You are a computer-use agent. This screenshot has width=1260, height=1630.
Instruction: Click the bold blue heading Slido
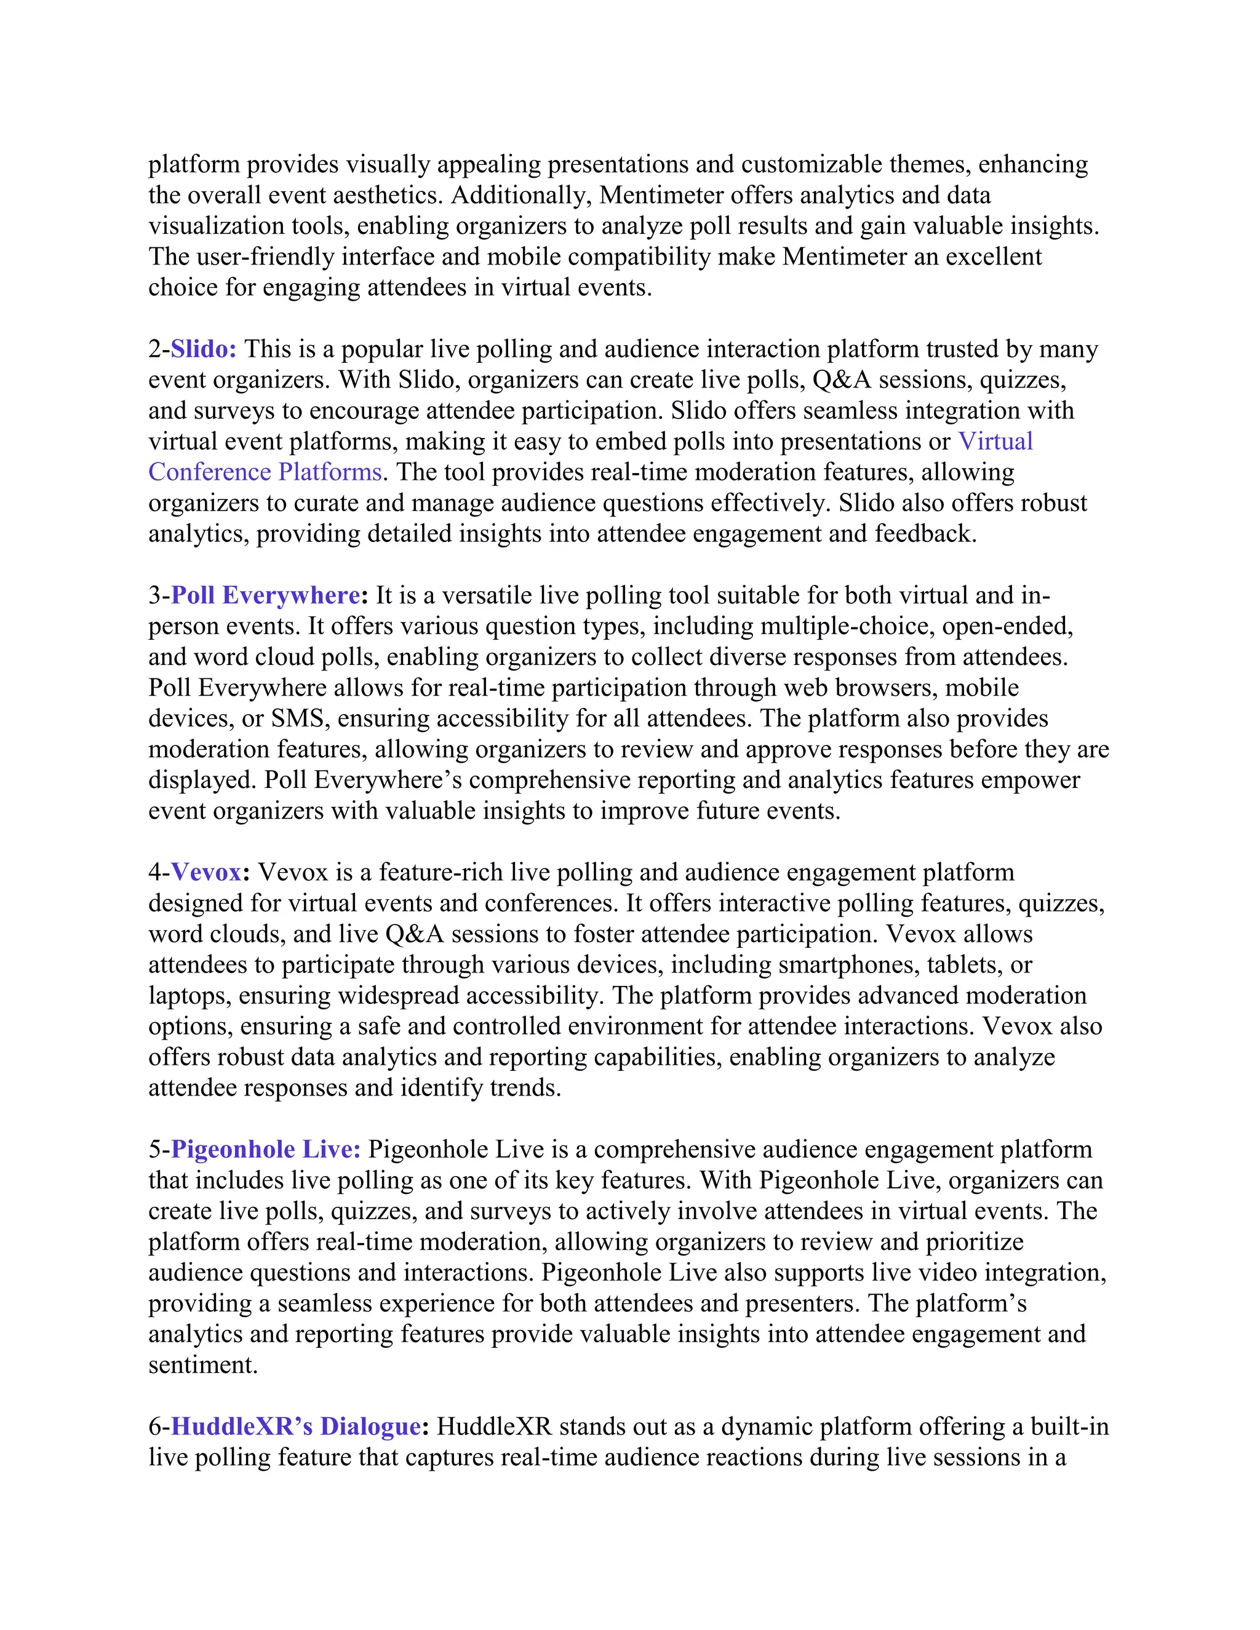point(203,349)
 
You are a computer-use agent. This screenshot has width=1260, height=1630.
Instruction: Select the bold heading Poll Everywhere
point(266,595)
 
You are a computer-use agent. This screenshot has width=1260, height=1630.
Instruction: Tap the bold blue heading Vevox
point(206,872)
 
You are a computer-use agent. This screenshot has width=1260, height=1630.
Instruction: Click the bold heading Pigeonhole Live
point(266,1150)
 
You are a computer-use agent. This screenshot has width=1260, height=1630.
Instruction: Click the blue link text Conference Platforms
point(265,472)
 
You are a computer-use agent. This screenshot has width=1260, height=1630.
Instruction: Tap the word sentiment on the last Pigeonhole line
point(202,1365)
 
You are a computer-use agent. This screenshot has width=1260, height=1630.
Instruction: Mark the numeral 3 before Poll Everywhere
point(154,595)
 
